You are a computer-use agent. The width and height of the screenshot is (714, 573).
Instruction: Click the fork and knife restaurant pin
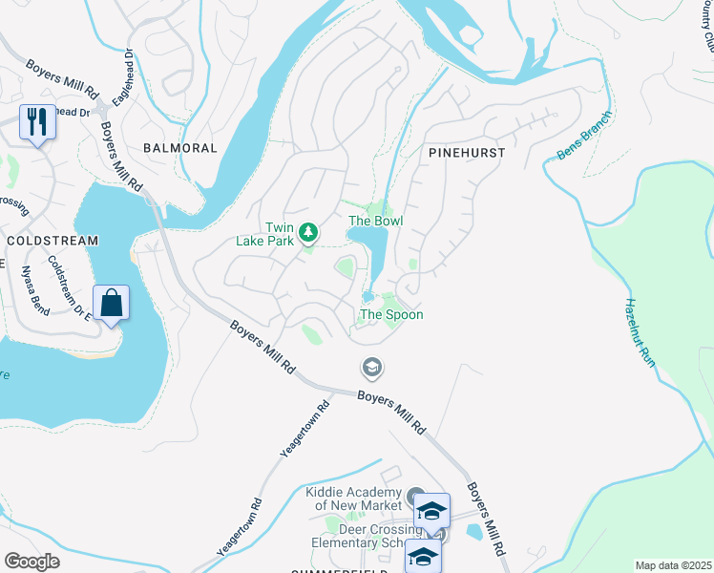click(37, 121)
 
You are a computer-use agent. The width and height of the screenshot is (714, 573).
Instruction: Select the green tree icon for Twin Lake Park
click(308, 232)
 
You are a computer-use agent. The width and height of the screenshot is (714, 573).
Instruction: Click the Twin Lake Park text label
click(265, 234)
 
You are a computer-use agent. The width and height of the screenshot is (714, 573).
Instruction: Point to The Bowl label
click(375, 221)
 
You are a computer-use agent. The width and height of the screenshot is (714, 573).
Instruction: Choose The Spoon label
click(390, 314)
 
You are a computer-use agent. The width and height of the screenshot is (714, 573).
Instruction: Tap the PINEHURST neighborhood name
click(467, 152)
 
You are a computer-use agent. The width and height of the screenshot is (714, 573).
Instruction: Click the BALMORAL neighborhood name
click(179, 148)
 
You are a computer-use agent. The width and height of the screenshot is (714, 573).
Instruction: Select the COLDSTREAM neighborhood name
click(52, 241)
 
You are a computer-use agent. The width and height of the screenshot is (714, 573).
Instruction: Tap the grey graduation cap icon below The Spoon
click(371, 367)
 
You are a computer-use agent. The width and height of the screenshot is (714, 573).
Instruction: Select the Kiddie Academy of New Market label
click(354, 499)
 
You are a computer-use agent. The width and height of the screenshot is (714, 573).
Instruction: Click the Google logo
click(31, 561)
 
